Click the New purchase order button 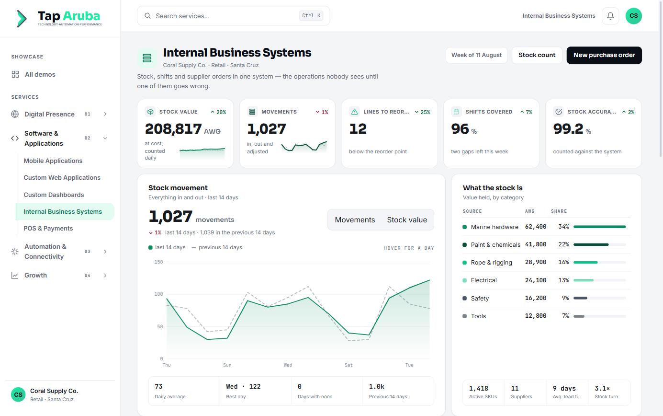604,55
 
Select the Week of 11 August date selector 476,55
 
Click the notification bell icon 610,16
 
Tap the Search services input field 233,16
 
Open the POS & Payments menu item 48,229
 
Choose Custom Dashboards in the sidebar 54,195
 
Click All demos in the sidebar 40,74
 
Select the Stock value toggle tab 407,220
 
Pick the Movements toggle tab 355,220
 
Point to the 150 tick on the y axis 158,262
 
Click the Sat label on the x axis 348,365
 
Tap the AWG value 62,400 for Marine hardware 536,227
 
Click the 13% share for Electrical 563,280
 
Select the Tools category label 478,316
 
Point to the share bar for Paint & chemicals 600,245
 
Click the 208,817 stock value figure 173,129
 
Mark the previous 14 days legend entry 217,247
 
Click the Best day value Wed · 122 243,387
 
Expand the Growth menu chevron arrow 105,276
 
